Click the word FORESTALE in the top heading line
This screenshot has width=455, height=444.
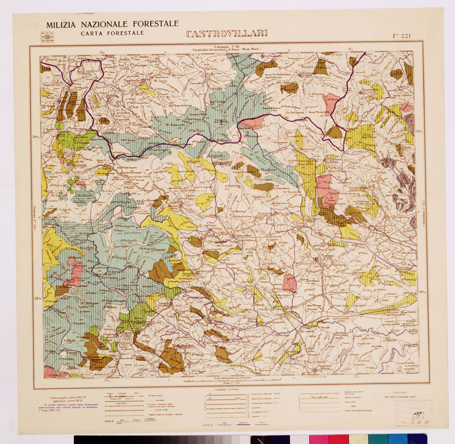[154, 24]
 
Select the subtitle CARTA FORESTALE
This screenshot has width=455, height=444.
[112, 33]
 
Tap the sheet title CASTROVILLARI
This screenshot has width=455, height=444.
[226, 34]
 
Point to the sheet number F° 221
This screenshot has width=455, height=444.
[402, 36]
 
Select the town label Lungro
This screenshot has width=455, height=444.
[164, 302]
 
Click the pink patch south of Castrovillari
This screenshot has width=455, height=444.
[289, 282]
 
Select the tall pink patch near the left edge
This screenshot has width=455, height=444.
[74, 274]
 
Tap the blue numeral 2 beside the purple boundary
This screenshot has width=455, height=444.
[249, 133]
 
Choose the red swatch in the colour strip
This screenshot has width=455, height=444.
[338, 439]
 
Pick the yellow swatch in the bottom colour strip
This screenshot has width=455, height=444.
[358, 439]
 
